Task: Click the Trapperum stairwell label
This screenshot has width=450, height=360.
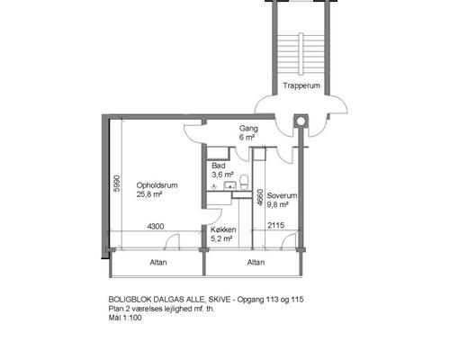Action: [x=301, y=85]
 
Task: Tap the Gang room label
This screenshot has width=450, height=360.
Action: [x=248, y=129]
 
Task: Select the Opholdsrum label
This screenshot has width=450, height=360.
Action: [x=157, y=185]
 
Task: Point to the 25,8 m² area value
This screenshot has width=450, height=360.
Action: [x=149, y=194]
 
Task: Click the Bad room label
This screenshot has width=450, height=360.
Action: [x=219, y=166]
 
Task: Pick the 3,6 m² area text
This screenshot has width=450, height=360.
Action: [x=222, y=175]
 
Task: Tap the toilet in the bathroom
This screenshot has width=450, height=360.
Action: [x=244, y=183]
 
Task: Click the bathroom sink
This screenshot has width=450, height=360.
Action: [x=230, y=185]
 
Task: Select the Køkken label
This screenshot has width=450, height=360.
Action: [x=223, y=229]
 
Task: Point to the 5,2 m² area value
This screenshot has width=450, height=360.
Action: [x=221, y=239]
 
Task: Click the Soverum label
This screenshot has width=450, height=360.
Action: [x=282, y=195]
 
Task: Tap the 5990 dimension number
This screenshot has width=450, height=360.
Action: [x=117, y=184]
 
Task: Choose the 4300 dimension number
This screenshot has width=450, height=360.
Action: [x=156, y=226]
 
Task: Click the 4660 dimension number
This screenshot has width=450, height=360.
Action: [x=260, y=198]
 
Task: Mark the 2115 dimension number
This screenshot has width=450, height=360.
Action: [x=275, y=225]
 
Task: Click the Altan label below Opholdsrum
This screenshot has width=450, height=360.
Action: [x=158, y=263]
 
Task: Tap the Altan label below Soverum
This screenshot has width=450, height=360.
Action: [x=256, y=263]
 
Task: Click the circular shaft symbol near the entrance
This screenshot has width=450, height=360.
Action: [x=301, y=121]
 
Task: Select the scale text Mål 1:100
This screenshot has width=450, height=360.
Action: [x=125, y=318]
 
